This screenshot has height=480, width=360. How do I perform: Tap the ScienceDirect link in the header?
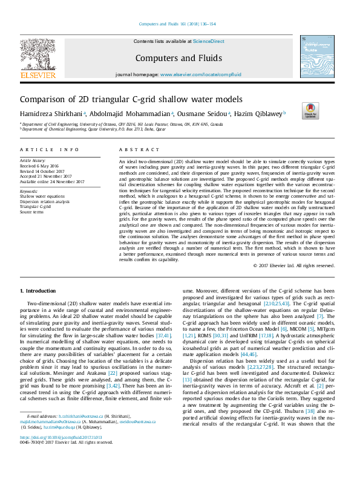[208, 41]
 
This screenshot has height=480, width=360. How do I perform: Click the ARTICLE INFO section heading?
[49, 149]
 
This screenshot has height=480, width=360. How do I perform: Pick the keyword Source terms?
[31, 212]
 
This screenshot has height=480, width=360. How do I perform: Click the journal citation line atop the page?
[177, 24]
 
